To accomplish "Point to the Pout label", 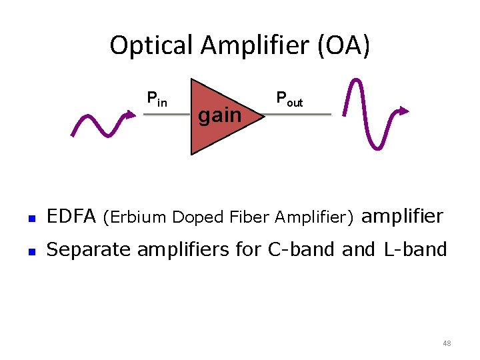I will pos(289,99).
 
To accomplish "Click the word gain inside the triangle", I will pos(220,115).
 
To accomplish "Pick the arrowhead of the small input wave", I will pos(127,115).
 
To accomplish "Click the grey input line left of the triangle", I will pos(167,115).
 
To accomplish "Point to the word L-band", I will pos(415,249).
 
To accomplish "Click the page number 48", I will pos(447,343).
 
